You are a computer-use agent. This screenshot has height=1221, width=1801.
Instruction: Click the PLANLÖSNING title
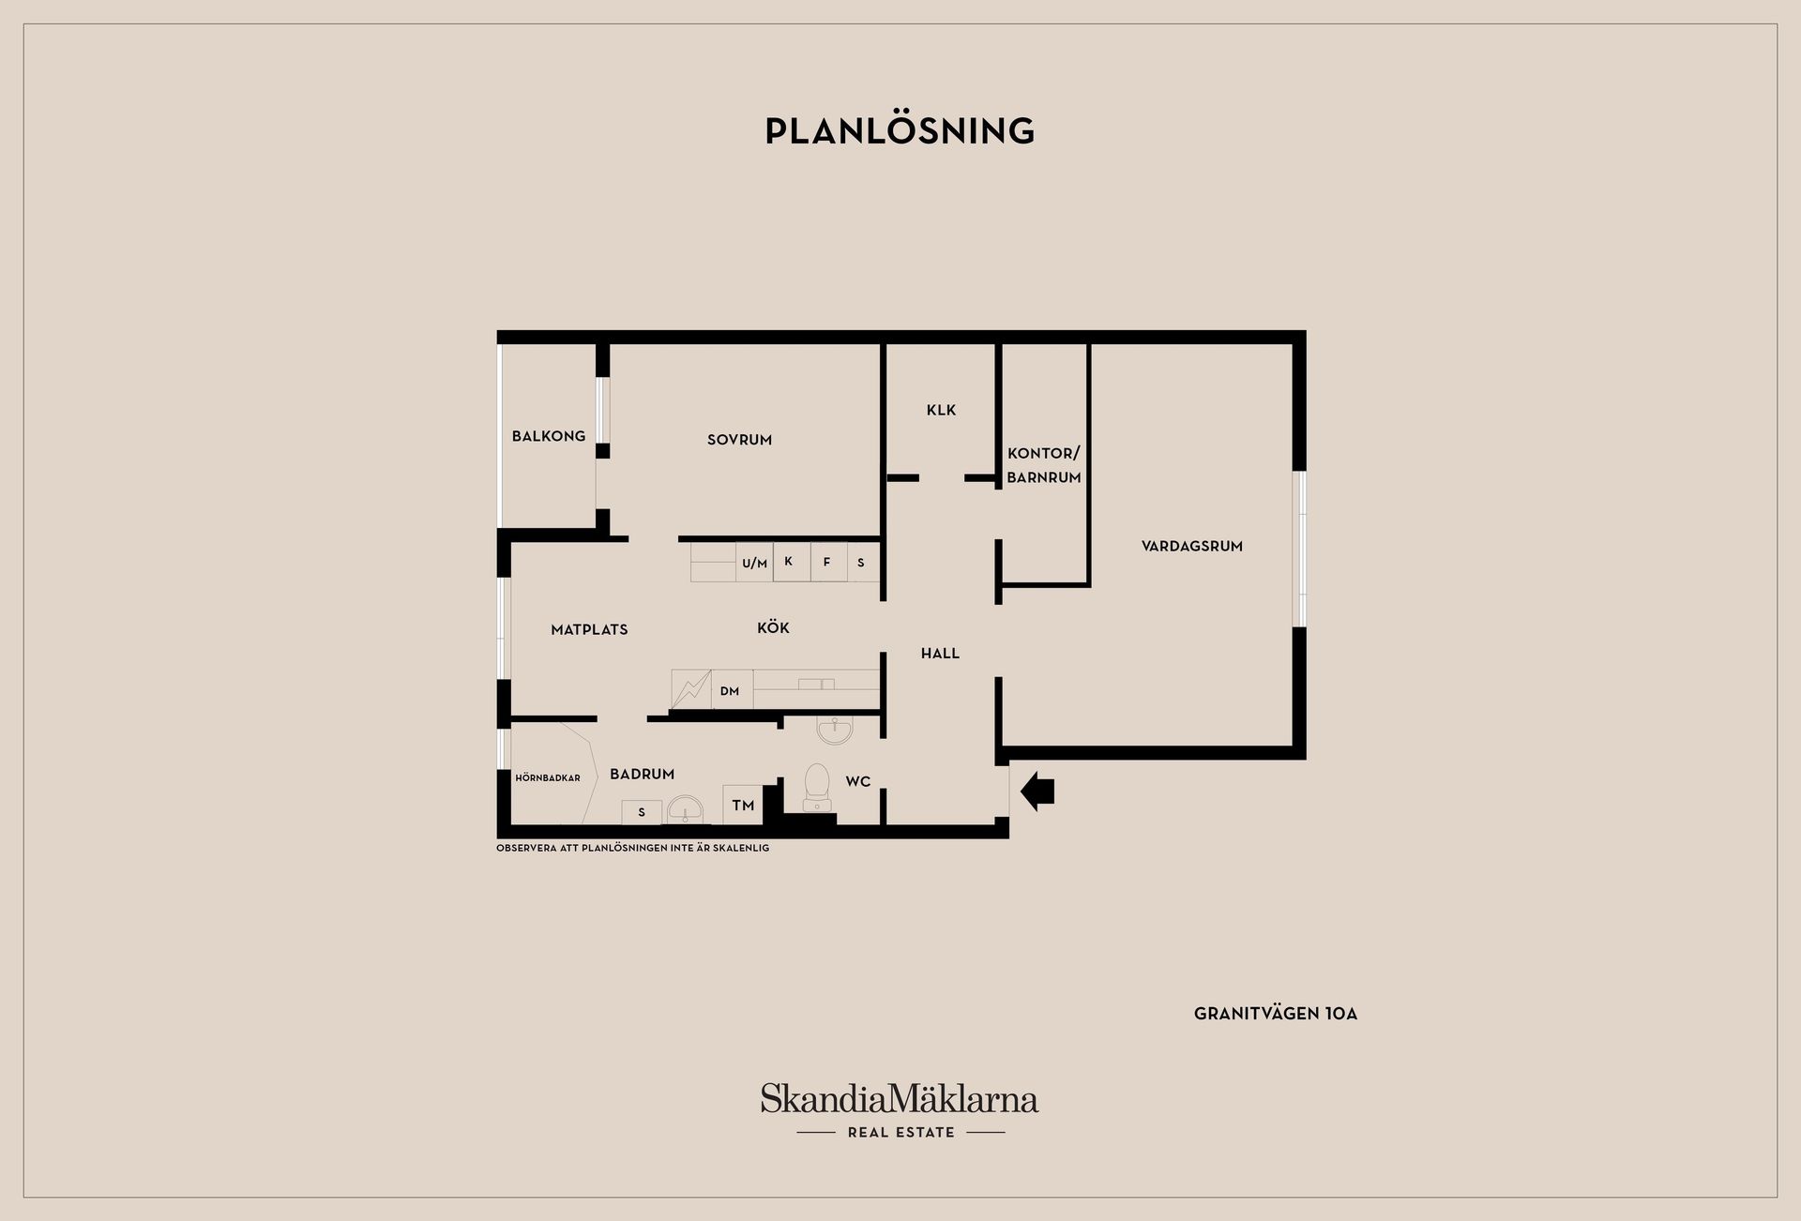tap(900, 131)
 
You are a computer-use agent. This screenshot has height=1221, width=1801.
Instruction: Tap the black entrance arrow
tap(1037, 791)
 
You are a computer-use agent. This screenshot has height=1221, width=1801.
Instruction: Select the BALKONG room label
tap(549, 436)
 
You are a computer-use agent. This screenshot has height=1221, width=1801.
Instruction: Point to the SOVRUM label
tap(739, 440)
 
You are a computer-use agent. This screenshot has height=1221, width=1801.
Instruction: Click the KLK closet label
tap(941, 410)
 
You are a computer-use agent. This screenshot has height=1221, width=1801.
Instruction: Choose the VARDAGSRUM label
tap(1192, 546)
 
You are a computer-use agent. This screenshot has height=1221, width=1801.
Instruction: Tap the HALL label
tap(940, 654)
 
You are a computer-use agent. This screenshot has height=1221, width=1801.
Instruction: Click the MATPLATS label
tap(589, 630)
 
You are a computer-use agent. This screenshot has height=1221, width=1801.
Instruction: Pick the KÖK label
tap(773, 627)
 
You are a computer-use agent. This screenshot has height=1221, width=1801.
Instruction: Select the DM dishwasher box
tap(732, 689)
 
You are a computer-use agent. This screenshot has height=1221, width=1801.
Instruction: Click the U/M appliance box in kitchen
tap(754, 563)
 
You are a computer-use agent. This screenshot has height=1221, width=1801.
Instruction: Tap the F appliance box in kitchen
tap(828, 562)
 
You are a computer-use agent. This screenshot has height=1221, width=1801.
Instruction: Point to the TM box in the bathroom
tap(743, 805)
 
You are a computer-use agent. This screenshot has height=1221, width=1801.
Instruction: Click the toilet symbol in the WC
tap(817, 787)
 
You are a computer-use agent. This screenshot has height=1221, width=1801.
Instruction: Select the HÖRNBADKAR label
tap(548, 777)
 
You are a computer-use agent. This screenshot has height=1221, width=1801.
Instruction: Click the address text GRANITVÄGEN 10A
tap(1276, 1014)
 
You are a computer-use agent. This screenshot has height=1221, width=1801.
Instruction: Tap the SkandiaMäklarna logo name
tap(900, 1098)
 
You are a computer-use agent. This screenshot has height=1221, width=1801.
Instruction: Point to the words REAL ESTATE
tap(901, 1132)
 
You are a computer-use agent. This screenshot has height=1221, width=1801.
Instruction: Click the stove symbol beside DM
tap(691, 689)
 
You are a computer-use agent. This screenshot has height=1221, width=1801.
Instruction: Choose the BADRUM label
tap(643, 774)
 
